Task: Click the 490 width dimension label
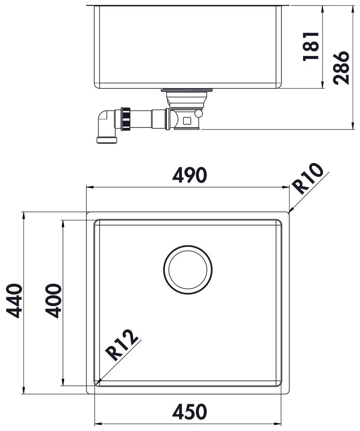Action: (x=189, y=175)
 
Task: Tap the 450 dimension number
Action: (x=189, y=412)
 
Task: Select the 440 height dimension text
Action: (x=14, y=301)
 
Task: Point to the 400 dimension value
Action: (x=53, y=301)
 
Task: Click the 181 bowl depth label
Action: (x=311, y=46)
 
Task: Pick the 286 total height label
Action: (x=341, y=67)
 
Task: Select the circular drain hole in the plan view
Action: (x=188, y=269)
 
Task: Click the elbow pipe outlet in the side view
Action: (x=106, y=126)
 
